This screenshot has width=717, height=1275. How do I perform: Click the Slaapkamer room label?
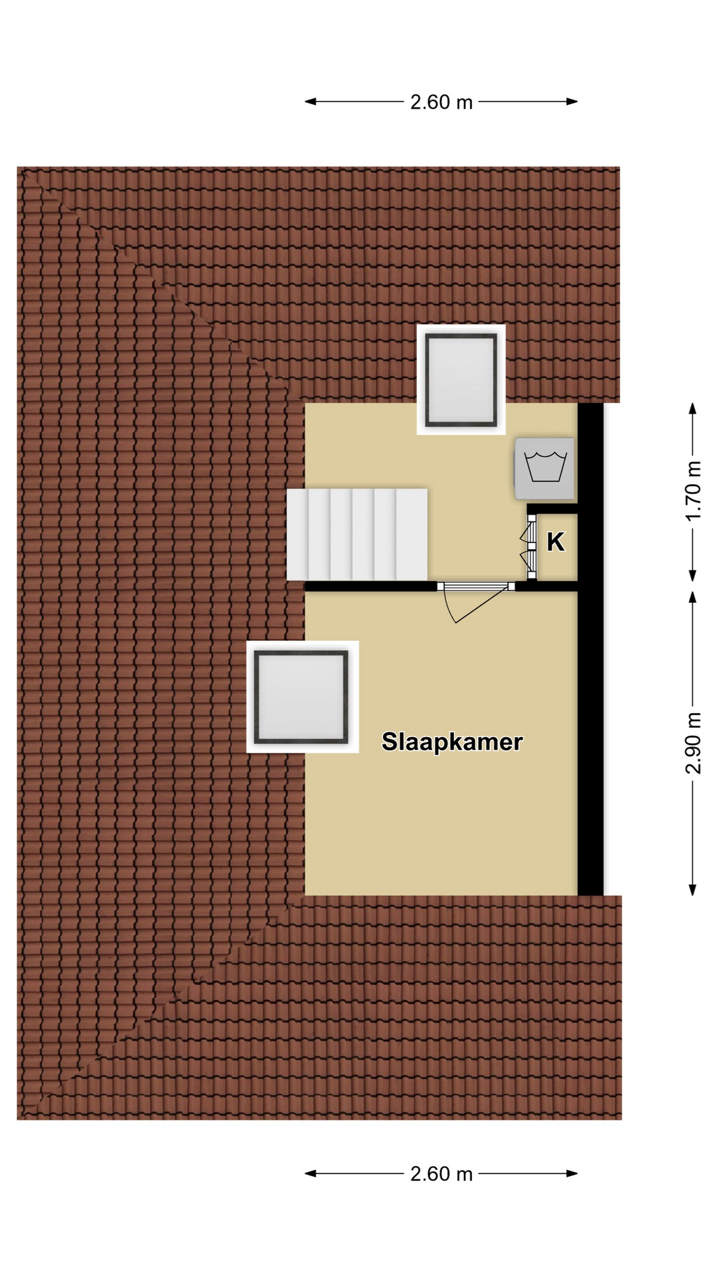click(452, 742)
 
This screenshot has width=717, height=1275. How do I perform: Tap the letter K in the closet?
click(556, 543)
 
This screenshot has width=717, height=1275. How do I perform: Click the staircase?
click(357, 535)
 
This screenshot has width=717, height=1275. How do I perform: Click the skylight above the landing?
click(461, 380)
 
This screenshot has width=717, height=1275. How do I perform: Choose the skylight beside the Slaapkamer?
click(302, 697)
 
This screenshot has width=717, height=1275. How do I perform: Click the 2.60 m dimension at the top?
click(441, 102)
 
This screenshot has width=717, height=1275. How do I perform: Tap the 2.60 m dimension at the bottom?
click(441, 1174)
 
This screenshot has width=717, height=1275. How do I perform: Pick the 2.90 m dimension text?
click(693, 743)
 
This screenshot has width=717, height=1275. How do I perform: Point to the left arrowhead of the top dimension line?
click(310, 102)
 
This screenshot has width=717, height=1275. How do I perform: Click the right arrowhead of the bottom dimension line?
click(572, 1173)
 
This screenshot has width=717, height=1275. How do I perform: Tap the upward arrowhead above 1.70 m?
click(693, 408)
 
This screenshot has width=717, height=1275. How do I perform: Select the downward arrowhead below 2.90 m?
click(693, 890)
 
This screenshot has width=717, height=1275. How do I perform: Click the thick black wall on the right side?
click(590, 649)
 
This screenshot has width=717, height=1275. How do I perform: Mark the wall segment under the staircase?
click(370, 586)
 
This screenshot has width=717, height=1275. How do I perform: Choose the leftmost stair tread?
click(297, 535)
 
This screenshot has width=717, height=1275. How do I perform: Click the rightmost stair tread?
click(412, 535)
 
